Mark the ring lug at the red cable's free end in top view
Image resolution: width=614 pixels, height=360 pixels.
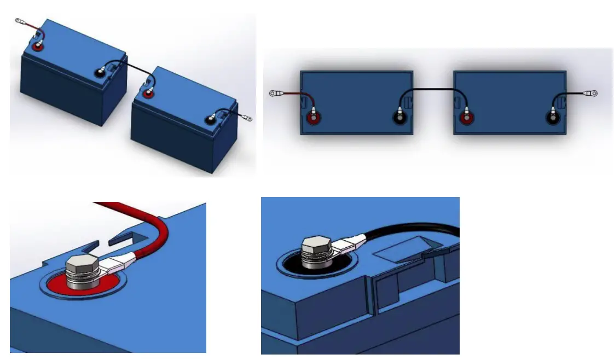[x=274, y=94]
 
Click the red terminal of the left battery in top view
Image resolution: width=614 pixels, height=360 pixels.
[x=314, y=118]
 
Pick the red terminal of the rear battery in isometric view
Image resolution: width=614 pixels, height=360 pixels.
[x=38, y=47]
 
